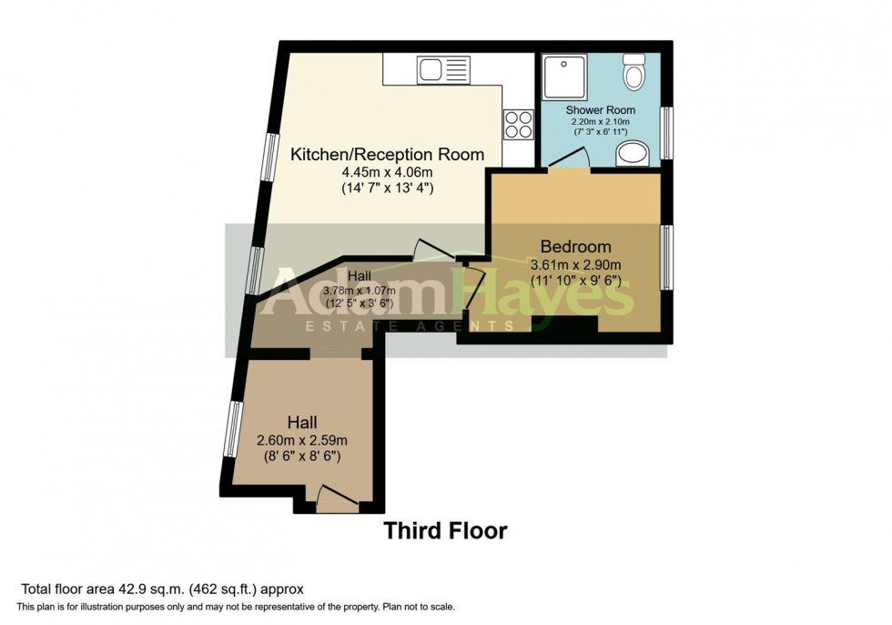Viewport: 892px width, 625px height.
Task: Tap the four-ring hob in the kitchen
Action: [x=518, y=124]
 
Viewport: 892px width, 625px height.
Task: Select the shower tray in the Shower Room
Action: [x=564, y=77]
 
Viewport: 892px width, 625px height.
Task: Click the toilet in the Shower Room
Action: [x=634, y=70]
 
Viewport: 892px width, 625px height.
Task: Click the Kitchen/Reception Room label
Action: [x=387, y=154]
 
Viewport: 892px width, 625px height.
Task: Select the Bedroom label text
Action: [x=575, y=246]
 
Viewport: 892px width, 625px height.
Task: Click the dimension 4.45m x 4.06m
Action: [x=387, y=172]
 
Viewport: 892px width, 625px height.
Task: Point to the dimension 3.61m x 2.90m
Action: [x=575, y=265]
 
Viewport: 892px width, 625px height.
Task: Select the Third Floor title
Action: [x=444, y=530]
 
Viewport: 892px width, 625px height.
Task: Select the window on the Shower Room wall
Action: [x=666, y=133]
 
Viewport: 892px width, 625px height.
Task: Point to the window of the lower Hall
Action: [x=233, y=428]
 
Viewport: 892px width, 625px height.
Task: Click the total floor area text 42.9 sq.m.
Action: [x=162, y=589]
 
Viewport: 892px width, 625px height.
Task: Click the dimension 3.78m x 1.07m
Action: [x=302, y=292]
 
